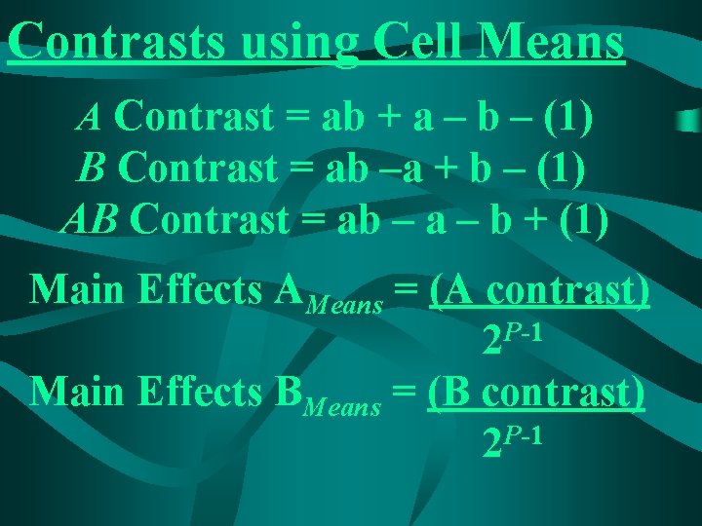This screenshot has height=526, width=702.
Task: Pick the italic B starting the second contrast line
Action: (92, 169)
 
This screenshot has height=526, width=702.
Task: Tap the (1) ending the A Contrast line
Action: (567, 118)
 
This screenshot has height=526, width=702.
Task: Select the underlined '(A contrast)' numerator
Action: (539, 289)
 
